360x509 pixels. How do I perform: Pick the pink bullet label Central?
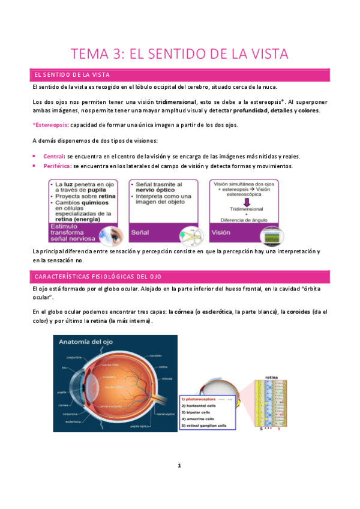click(53, 156)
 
